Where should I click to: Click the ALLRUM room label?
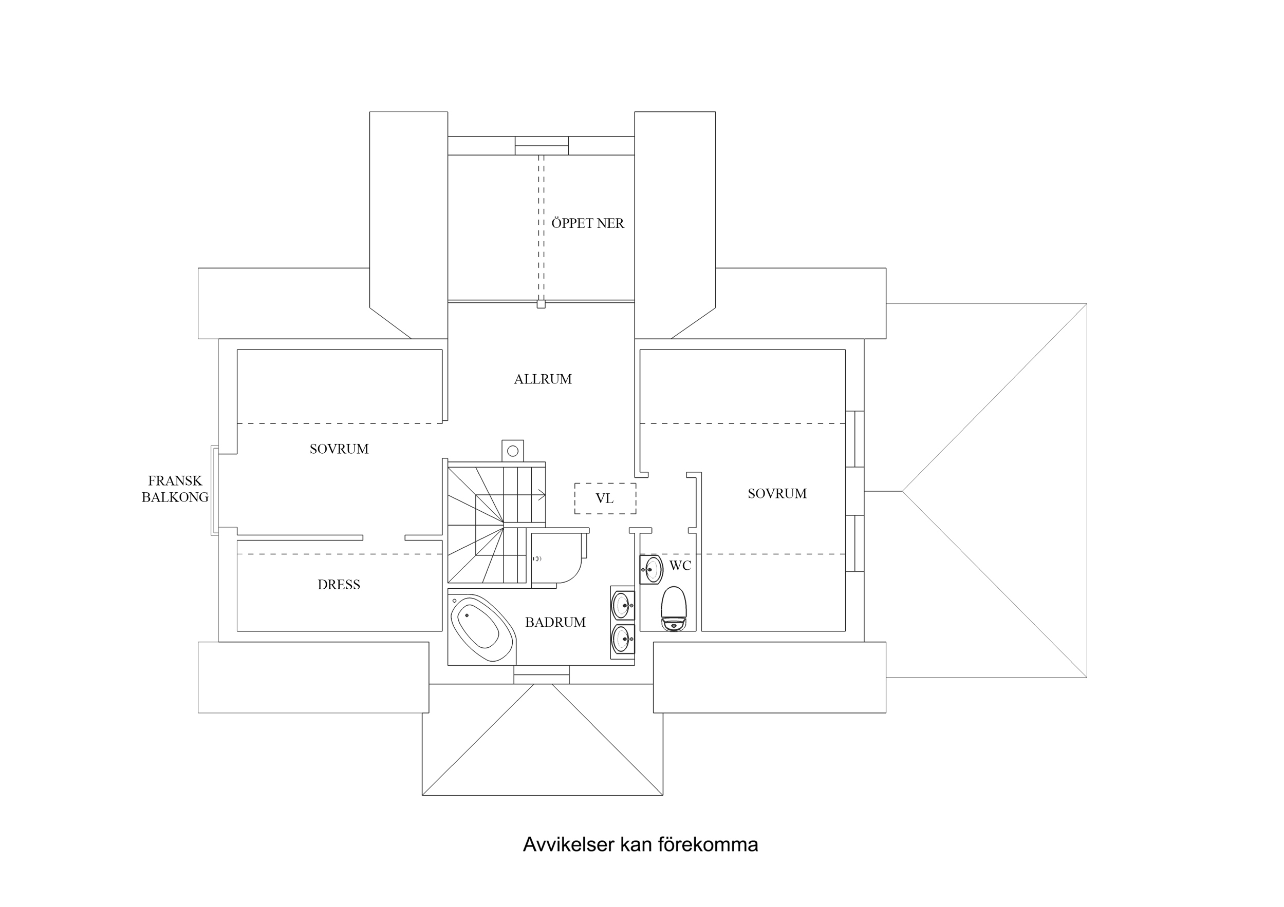pos(543,379)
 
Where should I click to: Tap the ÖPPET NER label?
pos(587,223)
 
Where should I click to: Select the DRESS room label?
pos(338,585)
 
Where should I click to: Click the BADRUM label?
pos(555,623)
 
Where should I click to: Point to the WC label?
pos(680,566)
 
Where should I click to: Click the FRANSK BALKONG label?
pos(175,489)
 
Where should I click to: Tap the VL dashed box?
pos(605,498)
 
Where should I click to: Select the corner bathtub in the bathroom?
pos(478,630)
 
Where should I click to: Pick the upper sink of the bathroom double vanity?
pos(622,605)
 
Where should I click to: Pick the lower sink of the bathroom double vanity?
pos(622,639)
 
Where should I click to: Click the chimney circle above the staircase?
pos(512,451)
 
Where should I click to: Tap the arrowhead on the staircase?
pos(542,493)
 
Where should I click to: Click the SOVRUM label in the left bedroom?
pos(339,449)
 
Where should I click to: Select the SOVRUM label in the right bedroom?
pos(777,494)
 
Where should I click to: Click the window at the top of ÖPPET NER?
pos(542,146)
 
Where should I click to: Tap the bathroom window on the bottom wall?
pos(542,674)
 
